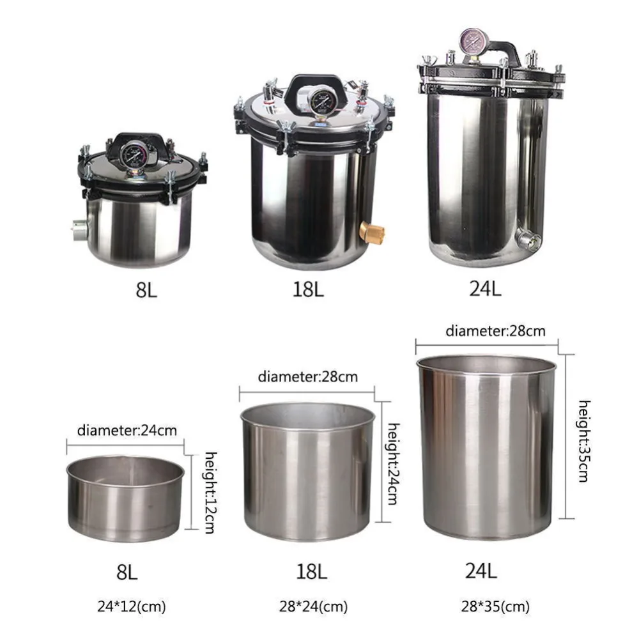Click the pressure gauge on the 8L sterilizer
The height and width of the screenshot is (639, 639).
pos(134,154)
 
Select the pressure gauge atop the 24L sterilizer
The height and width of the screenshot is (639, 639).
pos(473,42)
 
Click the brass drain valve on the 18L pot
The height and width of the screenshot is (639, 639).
pos(374,233)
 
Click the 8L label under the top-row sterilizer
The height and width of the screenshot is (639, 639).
pos(146,289)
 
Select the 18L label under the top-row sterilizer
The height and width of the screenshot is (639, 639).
pos(308,289)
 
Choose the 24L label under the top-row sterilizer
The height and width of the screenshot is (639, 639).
pos(485,289)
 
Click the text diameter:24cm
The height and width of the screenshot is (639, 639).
pos(127,430)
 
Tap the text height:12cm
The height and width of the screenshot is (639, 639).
pos(210,492)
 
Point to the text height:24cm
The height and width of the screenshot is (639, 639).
pos(393,464)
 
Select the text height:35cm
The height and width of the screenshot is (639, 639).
pos(585,441)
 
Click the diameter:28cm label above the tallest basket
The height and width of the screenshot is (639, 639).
pos(496,331)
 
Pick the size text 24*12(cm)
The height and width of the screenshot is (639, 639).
pos(131,606)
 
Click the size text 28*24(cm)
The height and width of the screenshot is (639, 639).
pos(313,606)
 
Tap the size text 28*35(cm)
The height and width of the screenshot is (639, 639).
pos(495,606)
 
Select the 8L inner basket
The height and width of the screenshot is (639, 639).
pos(125,498)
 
